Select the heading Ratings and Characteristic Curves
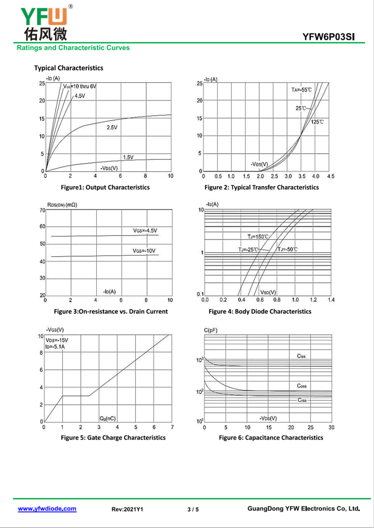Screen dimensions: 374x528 pyautogui.click(x=73, y=48)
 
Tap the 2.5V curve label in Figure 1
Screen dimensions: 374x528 pyautogui.click(x=112, y=128)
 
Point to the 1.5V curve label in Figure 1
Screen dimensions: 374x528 pyautogui.click(x=128, y=157)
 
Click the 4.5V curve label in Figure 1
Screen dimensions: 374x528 pyautogui.click(x=80, y=96)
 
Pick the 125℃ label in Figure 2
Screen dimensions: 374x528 pyautogui.click(x=317, y=121)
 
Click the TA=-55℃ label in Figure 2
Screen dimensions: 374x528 pyautogui.click(x=302, y=90)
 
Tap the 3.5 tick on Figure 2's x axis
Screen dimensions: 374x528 pyautogui.click(x=302, y=176)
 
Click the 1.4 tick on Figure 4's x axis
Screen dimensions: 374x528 pyautogui.click(x=331, y=300)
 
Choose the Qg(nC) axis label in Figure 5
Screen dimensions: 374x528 pyautogui.click(x=108, y=419)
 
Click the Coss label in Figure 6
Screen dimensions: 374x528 pyautogui.click(x=302, y=386)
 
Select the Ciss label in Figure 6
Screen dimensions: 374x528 pyautogui.click(x=301, y=356)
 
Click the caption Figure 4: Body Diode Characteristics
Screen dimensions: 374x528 pyautogui.click(x=260, y=312)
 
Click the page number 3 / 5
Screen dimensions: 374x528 pyautogui.click(x=193, y=509)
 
